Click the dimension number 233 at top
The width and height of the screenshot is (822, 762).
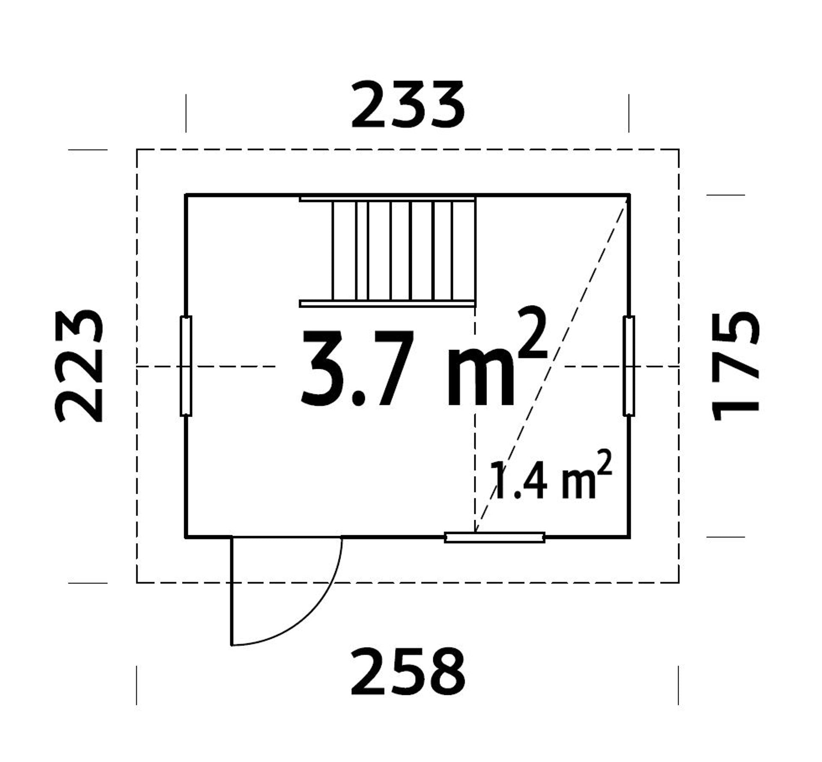(407, 105)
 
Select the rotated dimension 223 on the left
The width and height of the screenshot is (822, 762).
(80, 366)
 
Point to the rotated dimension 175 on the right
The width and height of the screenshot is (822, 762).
(735, 366)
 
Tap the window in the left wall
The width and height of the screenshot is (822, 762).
(186, 366)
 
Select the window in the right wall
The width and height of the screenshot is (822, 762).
(628, 366)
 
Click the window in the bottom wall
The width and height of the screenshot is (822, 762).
(494, 537)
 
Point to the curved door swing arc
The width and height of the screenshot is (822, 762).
(317, 616)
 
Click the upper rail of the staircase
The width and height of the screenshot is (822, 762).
(387, 199)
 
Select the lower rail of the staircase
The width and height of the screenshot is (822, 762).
(387, 304)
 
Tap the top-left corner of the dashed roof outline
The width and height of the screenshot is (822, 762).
(137, 149)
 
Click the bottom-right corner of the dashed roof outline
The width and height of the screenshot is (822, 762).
(679, 582)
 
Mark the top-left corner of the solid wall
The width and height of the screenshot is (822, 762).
(186, 195)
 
